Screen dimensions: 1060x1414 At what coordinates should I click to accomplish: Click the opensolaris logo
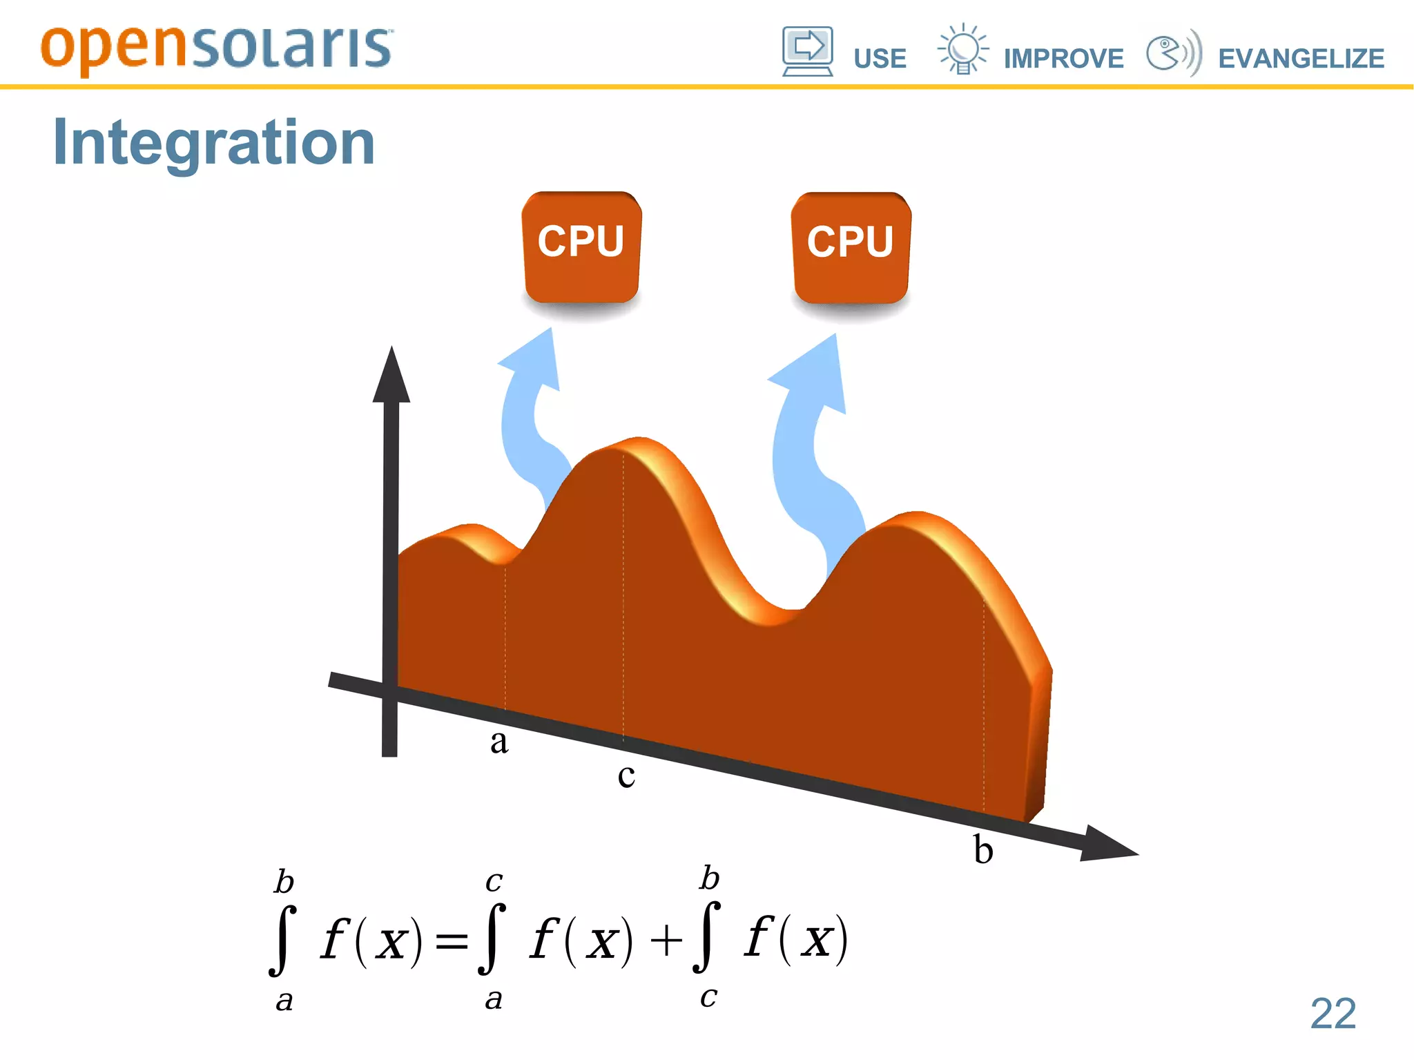coord(216,48)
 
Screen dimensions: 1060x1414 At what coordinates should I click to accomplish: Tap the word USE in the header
coord(880,59)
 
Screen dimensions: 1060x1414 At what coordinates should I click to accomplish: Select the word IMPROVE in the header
coord(1063,59)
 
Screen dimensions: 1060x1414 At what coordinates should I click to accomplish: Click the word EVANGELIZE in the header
coord(1301,59)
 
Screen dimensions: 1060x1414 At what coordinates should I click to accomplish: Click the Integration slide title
coord(214,143)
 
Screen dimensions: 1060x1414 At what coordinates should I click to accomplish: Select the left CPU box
coord(581,247)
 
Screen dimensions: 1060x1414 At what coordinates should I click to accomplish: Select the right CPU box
coord(851,248)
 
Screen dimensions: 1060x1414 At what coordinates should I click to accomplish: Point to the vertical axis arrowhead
coord(391,376)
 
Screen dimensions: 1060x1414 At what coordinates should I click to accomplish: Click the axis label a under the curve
coord(499,742)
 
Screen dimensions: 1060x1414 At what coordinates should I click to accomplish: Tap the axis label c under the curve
coord(626,775)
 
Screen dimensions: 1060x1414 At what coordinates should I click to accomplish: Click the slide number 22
coord(1333,1014)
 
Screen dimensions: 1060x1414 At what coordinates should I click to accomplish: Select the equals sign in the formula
coord(452,941)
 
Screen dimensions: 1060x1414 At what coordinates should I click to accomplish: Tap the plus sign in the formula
coord(666,941)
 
